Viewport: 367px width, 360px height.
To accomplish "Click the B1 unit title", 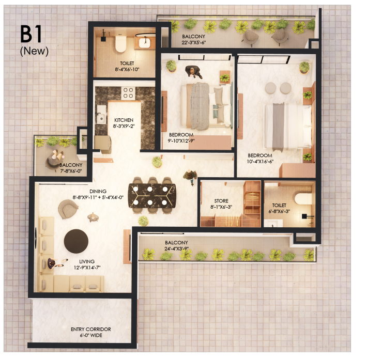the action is pyautogui.click(x=31, y=34).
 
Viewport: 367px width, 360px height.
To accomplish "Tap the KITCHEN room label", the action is pyautogui.click(x=124, y=120).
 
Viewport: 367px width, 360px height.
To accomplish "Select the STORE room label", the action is pyautogui.click(x=221, y=201).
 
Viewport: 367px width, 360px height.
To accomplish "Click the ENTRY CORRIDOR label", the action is pyautogui.click(x=91, y=329).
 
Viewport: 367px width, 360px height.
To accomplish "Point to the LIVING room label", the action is pyautogui.click(x=87, y=261).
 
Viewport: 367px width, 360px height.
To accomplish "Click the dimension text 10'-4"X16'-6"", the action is pyautogui.click(x=260, y=161).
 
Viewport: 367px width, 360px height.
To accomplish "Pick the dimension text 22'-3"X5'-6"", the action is pyautogui.click(x=194, y=42).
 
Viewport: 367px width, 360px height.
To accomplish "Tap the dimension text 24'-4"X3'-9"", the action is pyautogui.click(x=176, y=248).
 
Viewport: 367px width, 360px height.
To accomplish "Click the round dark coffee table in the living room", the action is pyautogui.click(x=76, y=241).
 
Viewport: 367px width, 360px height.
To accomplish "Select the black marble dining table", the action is pyautogui.click(x=152, y=196).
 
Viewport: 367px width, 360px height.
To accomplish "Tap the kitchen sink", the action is pyautogui.click(x=101, y=118).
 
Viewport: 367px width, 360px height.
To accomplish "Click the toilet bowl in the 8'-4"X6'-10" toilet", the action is pyautogui.click(x=120, y=43).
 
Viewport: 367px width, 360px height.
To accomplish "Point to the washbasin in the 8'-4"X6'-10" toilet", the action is pyautogui.click(x=145, y=42).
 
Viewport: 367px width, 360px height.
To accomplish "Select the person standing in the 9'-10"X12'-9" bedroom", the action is pyautogui.click(x=193, y=71).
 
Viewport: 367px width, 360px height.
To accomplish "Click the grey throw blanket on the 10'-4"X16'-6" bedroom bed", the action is pyautogui.click(x=278, y=127).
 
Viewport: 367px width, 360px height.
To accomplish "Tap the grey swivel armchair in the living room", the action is pyautogui.click(x=68, y=209).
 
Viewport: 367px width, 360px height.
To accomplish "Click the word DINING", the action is pyautogui.click(x=98, y=191).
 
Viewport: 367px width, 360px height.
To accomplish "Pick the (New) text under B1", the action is pyautogui.click(x=34, y=51).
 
